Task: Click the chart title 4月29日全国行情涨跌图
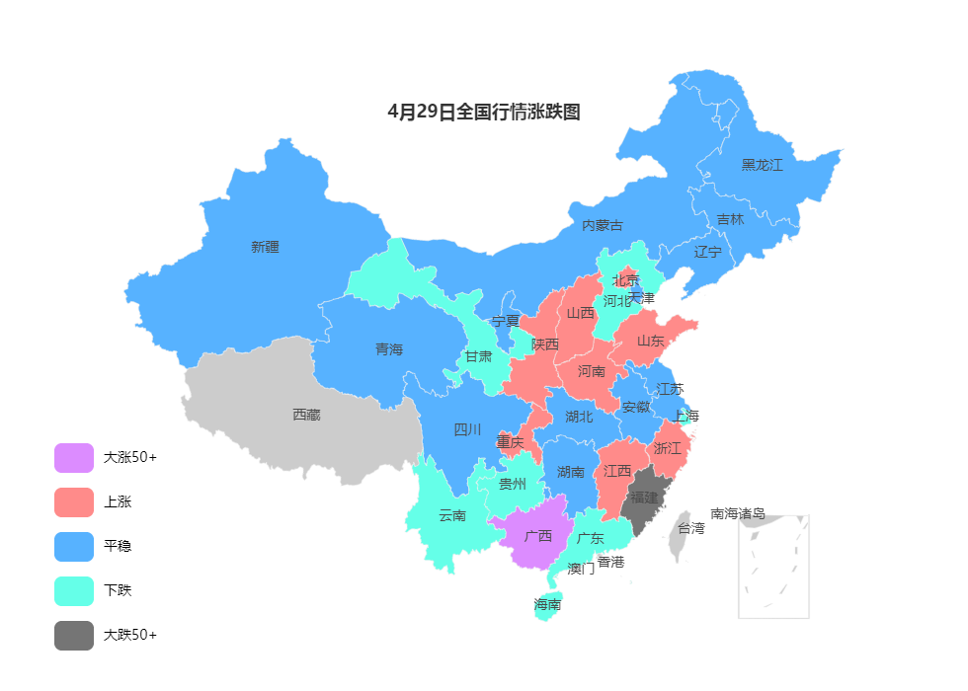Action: click(484, 113)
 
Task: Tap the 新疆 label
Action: click(265, 247)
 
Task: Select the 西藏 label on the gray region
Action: click(306, 415)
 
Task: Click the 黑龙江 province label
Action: click(762, 165)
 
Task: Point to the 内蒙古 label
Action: click(603, 225)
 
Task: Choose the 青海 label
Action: click(389, 349)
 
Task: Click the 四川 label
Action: click(467, 429)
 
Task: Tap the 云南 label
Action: click(452, 515)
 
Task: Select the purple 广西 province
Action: click(538, 537)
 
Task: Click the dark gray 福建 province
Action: click(644, 497)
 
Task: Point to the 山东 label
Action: click(650, 341)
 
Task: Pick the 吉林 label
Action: click(730, 219)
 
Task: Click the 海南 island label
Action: click(547, 604)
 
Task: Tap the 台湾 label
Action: click(691, 528)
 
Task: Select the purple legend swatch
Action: click(74, 458)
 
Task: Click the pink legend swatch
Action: click(74, 502)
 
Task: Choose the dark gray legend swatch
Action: click(74, 636)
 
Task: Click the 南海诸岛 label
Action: click(738, 513)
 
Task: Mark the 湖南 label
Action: click(571, 472)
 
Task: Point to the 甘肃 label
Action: click(478, 355)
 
